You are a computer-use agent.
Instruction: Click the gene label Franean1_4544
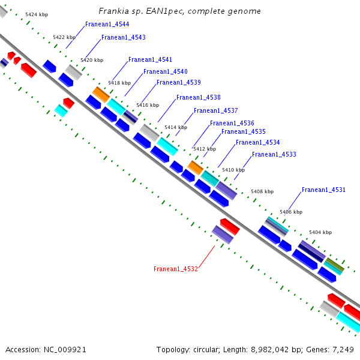[x=107, y=25]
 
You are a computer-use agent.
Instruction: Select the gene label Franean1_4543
[x=123, y=38]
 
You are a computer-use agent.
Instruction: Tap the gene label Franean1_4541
[x=150, y=60]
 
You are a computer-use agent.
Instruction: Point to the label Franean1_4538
[x=198, y=97]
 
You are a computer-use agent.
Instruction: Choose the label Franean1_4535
[x=243, y=131]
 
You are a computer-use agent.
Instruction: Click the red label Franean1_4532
[x=176, y=269]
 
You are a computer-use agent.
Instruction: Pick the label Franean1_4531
[x=323, y=190]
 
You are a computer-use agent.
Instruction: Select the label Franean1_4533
[x=274, y=155]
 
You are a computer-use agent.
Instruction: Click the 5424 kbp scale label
[x=37, y=14]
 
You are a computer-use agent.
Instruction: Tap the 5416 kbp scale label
[x=147, y=105]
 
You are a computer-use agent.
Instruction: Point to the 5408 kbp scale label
[x=262, y=191]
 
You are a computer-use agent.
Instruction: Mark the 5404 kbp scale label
[x=320, y=232]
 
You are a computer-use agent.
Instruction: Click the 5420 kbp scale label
[x=92, y=60]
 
